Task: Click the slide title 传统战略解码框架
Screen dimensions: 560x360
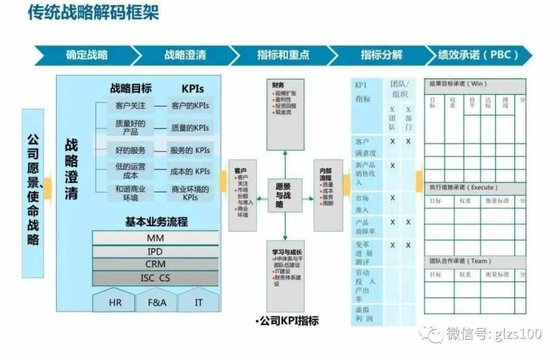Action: pyautogui.click(x=93, y=12)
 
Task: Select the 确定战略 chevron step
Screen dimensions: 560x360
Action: pyautogui.click(x=87, y=55)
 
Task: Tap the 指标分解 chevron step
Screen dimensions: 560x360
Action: pyautogui.click(x=381, y=55)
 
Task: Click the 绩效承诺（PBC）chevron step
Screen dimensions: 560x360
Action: pyautogui.click(x=478, y=55)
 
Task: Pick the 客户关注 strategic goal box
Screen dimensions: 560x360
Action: pyautogui.click(x=131, y=106)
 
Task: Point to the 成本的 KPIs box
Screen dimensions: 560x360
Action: pyautogui.click(x=190, y=171)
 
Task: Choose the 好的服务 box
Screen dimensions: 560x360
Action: pyautogui.click(x=131, y=150)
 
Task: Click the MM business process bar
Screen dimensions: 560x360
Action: pyautogui.click(x=156, y=239)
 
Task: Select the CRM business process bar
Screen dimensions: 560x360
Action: pyautogui.click(x=156, y=265)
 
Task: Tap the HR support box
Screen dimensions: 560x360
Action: pyautogui.click(x=115, y=302)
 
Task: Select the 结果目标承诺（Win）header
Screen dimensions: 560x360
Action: pyautogui.click(x=458, y=84)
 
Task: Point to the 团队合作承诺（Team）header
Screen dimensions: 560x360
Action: pyautogui.click(x=460, y=261)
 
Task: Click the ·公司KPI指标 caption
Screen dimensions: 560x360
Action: pyautogui.click(x=287, y=321)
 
